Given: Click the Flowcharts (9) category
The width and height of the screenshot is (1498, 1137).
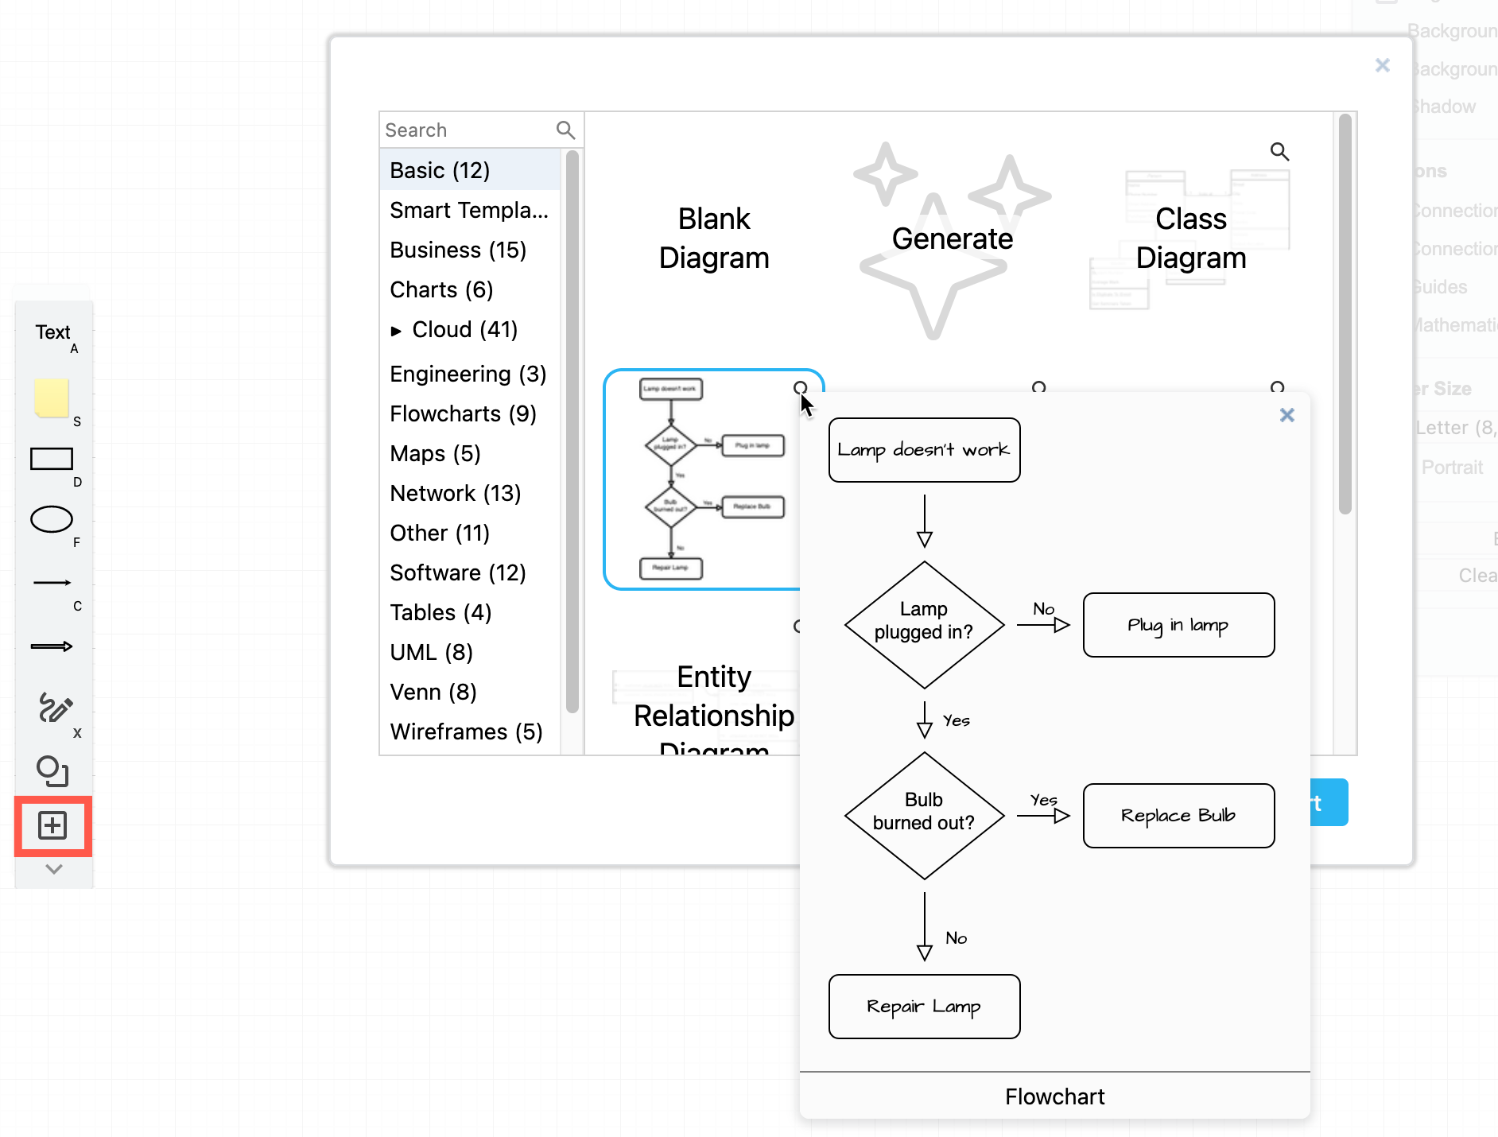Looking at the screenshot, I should click(463, 413).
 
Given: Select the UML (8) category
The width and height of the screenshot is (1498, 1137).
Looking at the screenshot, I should click(431, 652).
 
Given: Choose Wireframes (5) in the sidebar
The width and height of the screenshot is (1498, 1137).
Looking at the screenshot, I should click(466, 731).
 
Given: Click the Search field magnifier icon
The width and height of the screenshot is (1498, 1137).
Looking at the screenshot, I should click(565, 130).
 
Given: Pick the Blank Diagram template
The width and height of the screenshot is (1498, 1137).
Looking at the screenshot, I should click(713, 238).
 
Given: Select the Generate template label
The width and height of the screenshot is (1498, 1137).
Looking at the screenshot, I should click(952, 239).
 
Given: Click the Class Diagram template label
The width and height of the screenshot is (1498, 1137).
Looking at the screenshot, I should click(1190, 238).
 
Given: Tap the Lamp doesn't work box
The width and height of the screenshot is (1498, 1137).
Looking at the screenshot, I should click(924, 450).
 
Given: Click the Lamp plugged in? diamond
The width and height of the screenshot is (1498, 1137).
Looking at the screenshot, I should click(924, 624).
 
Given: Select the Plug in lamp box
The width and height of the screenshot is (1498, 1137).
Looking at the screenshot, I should click(1178, 625).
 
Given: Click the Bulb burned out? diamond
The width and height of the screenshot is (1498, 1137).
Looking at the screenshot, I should click(924, 815).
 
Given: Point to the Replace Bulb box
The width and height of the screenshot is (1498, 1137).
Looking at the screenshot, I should click(1178, 816).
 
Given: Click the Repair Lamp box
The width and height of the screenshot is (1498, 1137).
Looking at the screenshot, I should click(924, 1007).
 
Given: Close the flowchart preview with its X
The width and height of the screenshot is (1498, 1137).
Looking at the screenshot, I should click(1286, 415).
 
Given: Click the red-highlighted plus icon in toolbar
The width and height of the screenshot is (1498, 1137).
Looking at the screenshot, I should click(52, 825).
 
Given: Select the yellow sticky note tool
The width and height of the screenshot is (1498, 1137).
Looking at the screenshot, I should click(52, 398).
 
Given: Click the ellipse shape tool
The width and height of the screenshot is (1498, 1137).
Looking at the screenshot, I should click(52, 519).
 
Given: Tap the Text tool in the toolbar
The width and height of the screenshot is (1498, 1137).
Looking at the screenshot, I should click(52, 332).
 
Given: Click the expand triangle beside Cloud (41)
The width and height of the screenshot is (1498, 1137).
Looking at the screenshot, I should click(396, 331).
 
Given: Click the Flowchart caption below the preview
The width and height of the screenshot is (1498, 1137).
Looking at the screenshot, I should click(1054, 1096).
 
